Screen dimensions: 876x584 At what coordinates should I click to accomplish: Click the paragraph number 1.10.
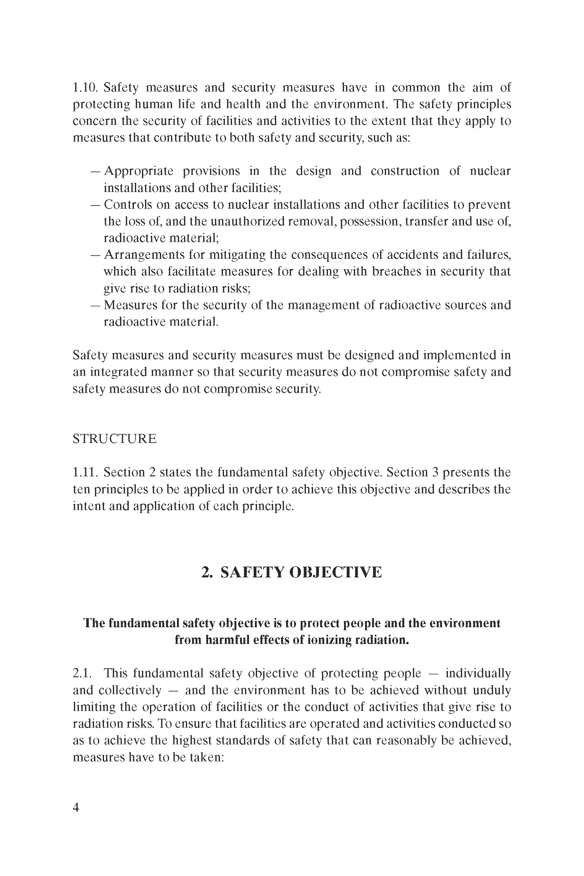coord(85,88)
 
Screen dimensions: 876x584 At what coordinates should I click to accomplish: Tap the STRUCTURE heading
coord(115,439)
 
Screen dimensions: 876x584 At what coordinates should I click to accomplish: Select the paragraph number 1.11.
coord(85,472)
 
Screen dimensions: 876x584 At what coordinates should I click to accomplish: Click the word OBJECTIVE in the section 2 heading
coord(335,572)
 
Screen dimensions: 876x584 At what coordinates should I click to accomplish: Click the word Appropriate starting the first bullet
coord(139,171)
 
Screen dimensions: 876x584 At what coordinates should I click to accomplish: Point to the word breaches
coord(396,272)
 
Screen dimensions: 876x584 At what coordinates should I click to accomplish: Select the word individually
coord(478,673)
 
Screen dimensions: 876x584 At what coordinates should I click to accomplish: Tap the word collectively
coord(130,690)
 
